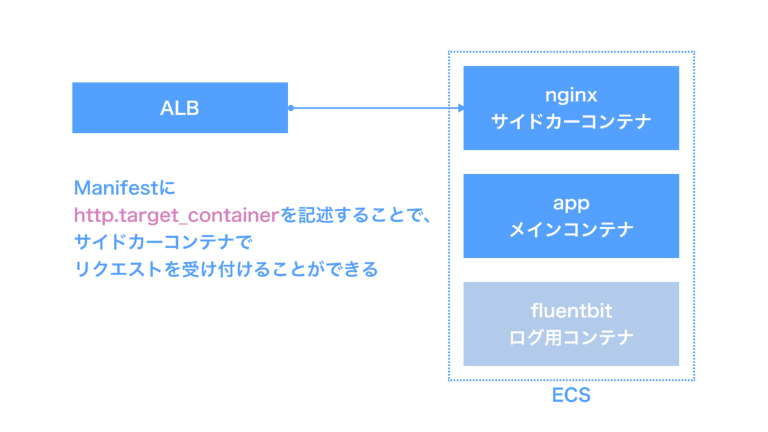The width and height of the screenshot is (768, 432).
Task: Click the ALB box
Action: pyautogui.click(x=180, y=108)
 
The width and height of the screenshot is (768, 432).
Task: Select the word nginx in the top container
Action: pyautogui.click(x=571, y=95)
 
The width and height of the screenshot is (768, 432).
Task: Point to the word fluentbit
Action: pyautogui.click(x=571, y=310)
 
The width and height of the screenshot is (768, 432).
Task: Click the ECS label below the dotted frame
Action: pyautogui.click(x=571, y=395)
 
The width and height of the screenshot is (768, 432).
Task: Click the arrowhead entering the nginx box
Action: pyautogui.click(x=461, y=108)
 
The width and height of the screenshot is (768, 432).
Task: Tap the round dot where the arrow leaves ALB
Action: pyautogui.click(x=291, y=108)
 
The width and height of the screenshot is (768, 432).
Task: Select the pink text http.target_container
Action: pyautogui.click(x=177, y=216)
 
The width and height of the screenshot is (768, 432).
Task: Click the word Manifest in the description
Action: pyautogui.click(x=116, y=188)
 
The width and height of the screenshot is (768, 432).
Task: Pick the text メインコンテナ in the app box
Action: pyautogui.click(x=571, y=230)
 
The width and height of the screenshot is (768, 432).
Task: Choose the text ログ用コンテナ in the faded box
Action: pyautogui.click(x=571, y=338)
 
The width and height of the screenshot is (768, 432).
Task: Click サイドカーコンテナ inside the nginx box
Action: pyautogui.click(x=571, y=122)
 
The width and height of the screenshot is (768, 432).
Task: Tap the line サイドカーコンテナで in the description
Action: pyautogui.click(x=163, y=242)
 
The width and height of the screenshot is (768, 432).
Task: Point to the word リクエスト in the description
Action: pyautogui.click(x=118, y=269)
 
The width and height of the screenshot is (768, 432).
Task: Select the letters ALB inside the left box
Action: pyautogui.click(x=180, y=108)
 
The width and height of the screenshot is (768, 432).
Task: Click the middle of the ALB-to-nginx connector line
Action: pyautogui.click(x=376, y=108)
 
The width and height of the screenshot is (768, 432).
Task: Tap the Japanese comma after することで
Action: pyautogui.click(x=426, y=220)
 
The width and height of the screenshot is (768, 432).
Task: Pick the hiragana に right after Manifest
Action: pyautogui.click(x=167, y=188)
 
